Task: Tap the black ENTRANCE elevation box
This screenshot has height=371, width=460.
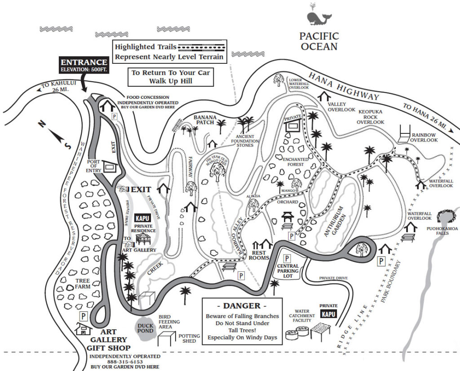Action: point(84,65)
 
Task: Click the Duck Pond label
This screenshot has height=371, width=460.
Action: point(145,329)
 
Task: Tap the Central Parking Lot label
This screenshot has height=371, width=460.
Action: point(288,271)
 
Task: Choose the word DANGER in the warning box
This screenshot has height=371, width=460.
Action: point(242,306)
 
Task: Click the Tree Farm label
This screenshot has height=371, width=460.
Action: point(83,284)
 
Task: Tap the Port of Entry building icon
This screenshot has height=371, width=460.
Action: point(110,167)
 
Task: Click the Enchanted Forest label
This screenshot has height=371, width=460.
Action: point(295,162)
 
